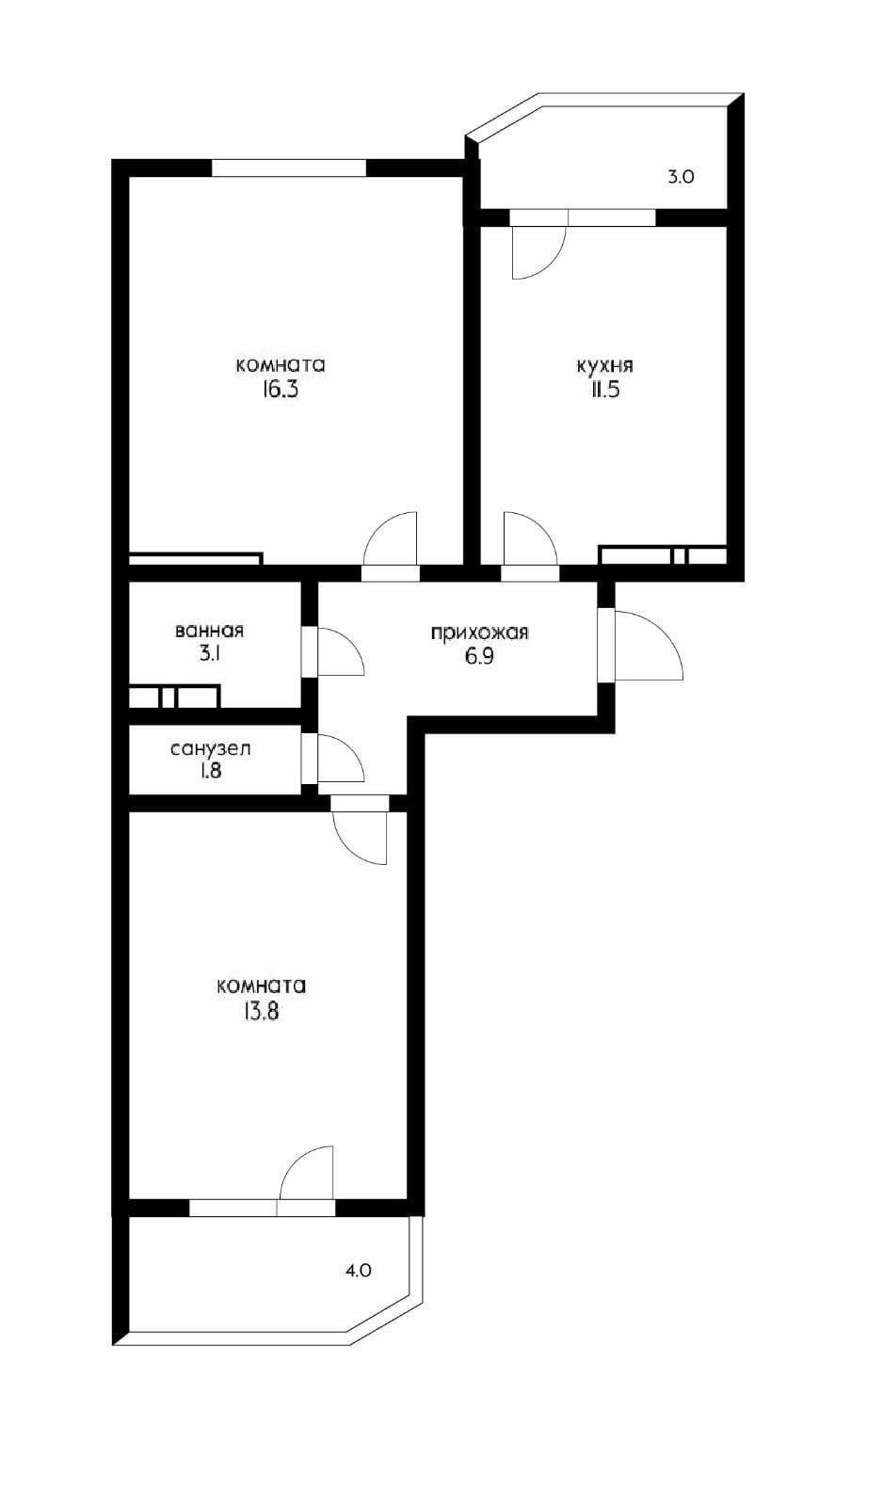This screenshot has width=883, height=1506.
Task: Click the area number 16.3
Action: (x=280, y=390)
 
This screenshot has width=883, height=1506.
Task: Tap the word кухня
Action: (x=604, y=365)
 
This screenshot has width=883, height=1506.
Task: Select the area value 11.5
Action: (x=604, y=390)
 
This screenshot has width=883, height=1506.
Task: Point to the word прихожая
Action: (x=479, y=633)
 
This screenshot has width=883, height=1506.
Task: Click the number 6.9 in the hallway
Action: (x=479, y=657)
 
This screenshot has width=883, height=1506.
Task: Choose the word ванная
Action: (x=209, y=631)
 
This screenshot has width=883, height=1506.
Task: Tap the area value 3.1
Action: (x=209, y=655)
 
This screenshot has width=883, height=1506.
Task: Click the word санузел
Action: (x=210, y=749)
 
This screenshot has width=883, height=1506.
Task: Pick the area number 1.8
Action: (x=210, y=773)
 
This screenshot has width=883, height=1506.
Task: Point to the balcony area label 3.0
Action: (x=681, y=176)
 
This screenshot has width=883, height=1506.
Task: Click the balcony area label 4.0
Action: (x=359, y=1270)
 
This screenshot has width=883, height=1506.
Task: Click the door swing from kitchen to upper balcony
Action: (x=534, y=251)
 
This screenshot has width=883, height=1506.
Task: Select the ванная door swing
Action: (x=338, y=651)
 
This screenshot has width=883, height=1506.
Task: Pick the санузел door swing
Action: (x=338, y=759)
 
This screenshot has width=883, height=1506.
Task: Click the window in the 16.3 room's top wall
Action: (x=288, y=168)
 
